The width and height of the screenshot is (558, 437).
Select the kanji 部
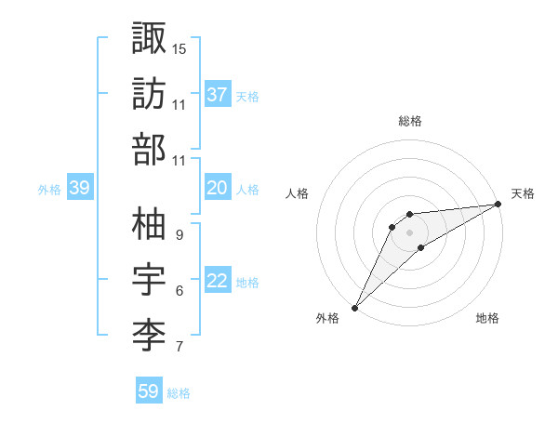click(x=149, y=151)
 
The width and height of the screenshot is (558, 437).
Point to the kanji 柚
click(x=149, y=224)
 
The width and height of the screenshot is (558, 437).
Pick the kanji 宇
click(x=149, y=281)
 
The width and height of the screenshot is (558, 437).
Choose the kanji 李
click(x=149, y=338)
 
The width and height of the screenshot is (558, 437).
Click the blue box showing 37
click(x=218, y=95)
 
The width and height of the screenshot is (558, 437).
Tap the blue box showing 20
click(x=218, y=188)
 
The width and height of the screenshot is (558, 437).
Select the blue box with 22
click(x=218, y=282)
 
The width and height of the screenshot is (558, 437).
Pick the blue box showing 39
click(x=80, y=188)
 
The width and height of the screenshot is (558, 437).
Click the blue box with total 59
click(x=149, y=391)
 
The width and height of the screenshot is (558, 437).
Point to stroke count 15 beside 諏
click(x=179, y=47)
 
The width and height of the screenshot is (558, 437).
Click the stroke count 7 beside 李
click(x=179, y=348)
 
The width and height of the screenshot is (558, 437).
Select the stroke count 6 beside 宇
click(x=179, y=291)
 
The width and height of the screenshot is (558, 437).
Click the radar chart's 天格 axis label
click(x=523, y=193)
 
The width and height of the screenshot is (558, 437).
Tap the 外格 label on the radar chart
click(x=327, y=318)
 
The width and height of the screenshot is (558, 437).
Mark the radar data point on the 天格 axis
click(x=498, y=205)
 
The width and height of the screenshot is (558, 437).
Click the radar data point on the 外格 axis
click(x=355, y=307)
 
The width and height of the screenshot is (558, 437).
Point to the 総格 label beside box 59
click(x=179, y=393)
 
